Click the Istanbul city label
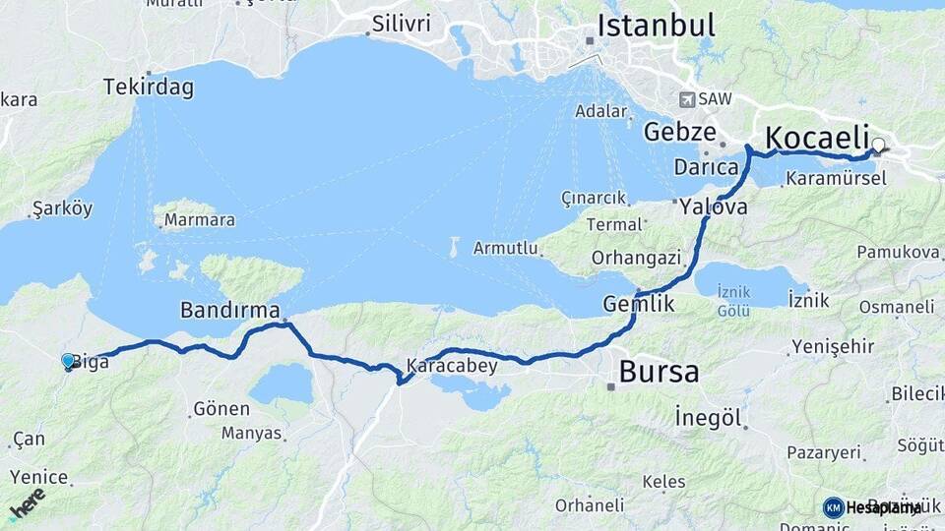click(x=656, y=26)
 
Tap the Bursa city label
click(x=659, y=372)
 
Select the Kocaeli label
click(x=818, y=138)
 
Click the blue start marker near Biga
click(x=68, y=362)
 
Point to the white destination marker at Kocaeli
click(x=878, y=146)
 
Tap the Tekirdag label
click(x=149, y=88)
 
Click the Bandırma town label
click(x=230, y=311)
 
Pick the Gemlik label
click(x=639, y=304)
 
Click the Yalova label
click(x=713, y=207)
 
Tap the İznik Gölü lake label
click(x=734, y=300)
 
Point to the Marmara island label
click(x=199, y=220)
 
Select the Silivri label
click(x=402, y=21)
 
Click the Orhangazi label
click(x=637, y=258)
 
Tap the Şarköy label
click(x=62, y=208)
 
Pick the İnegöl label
click(x=708, y=417)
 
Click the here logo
click(x=27, y=503)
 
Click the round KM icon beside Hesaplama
click(x=833, y=507)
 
